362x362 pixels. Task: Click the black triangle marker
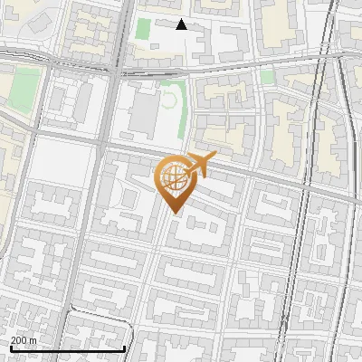tap(181, 24)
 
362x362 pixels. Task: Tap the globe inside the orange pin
tap(173, 176)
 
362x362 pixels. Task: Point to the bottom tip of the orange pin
tap(175, 213)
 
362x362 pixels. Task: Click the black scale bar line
tap(68, 348)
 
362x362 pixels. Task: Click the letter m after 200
tap(33, 340)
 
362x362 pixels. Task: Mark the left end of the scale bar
tap(11, 348)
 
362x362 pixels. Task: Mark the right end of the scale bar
tap(125, 348)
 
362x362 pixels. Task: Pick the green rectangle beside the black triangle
tap(142, 28)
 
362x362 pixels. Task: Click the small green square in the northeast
tap(266, 77)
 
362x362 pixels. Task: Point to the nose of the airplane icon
tap(215, 159)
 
